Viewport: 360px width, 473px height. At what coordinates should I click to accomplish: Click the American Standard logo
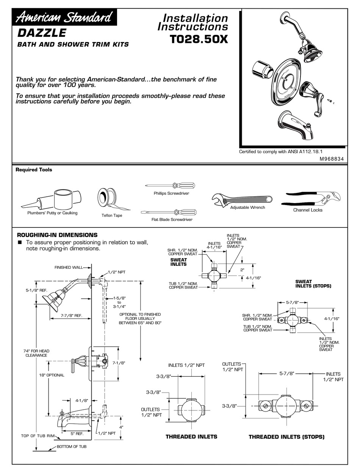pyautogui.click(x=64, y=17)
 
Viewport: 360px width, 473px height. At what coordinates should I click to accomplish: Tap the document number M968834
pyautogui.click(x=331, y=159)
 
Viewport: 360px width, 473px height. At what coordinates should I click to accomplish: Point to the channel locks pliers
pyautogui.click(x=311, y=199)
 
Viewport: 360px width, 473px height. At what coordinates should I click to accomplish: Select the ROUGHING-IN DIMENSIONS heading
pyautogui.click(x=57, y=235)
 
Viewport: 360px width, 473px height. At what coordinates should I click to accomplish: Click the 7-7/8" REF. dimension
pyautogui.click(x=71, y=315)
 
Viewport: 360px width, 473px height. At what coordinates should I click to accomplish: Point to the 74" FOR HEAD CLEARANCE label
pyautogui.click(x=36, y=353)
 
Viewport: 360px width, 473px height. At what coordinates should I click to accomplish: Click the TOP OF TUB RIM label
pyautogui.click(x=38, y=436)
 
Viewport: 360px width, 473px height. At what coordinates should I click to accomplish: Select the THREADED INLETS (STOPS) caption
pyautogui.click(x=286, y=437)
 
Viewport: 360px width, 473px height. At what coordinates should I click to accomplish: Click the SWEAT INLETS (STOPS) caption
pyautogui.click(x=313, y=284)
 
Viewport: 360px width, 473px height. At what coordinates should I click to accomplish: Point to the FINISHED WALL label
pyautogui.click(x=68, y=268)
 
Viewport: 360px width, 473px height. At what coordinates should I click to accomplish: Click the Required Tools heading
pyautogui.click(x=34, y=170)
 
